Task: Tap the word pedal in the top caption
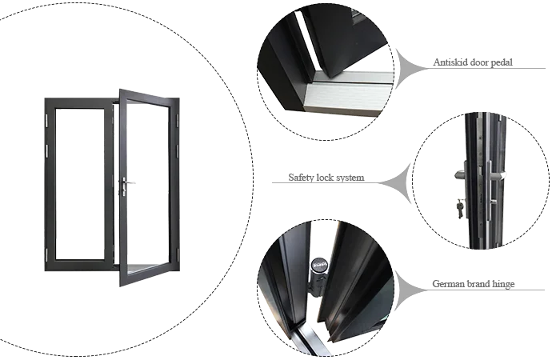pyautogui.click(x=502, y=62)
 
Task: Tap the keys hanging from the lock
pyautogui.click(x=460, y=208)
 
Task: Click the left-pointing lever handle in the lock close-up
pyautogui.click(x=461, y=174)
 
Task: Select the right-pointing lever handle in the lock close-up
pyautogui.click(x=498, y=175)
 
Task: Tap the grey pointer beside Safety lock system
pyautogui.click(x=396, y=183)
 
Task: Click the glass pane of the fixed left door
pyautogui.click(x=79, y=184)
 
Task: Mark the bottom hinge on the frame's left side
pyautogui.click(x=46, y=254)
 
